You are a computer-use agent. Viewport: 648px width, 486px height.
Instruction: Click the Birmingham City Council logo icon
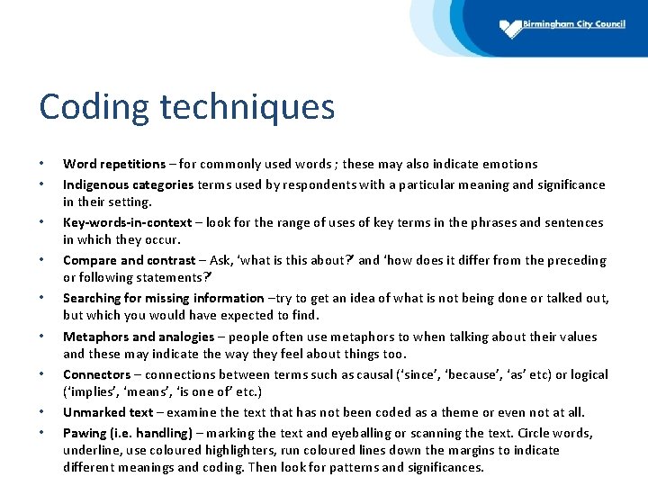point(511,28)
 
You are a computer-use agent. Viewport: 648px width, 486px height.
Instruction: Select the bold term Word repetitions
point(113,164)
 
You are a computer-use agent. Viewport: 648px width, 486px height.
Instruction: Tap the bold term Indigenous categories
point(128,184)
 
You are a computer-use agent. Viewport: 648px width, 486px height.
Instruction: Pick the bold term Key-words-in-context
point(127,222)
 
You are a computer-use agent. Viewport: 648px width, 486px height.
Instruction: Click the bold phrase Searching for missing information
point(163,298)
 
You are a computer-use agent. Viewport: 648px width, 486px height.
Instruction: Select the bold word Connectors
point(96,374)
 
